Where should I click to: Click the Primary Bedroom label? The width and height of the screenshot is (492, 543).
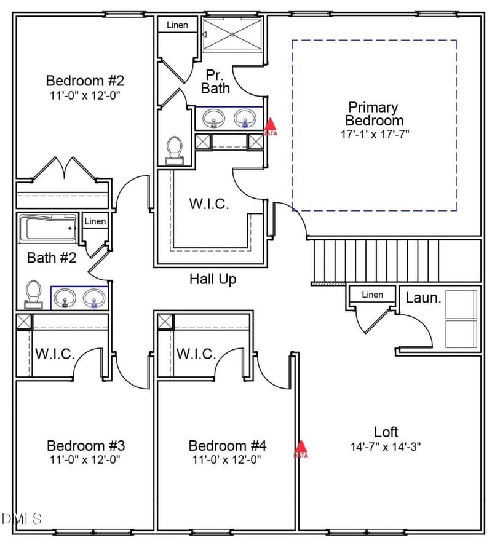tap(374, 114)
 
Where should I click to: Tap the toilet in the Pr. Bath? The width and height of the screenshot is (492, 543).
tap(174, 150)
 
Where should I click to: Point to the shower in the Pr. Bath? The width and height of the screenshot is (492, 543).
tap(232, 34)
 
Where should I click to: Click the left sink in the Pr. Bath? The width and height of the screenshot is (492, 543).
tap(214, 117)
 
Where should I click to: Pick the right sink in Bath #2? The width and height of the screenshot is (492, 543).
tap(93, 298)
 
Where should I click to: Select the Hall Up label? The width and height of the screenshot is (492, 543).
tap(212, 279)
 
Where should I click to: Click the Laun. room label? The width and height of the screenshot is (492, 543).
tap(424, 299)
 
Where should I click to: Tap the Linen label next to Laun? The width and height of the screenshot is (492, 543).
tap(372, 295)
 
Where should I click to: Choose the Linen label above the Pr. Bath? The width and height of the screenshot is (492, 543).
tap(177, 25)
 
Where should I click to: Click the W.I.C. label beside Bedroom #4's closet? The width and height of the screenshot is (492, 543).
tap(196, 354)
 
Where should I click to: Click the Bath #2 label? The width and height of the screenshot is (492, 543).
tap(52, 258)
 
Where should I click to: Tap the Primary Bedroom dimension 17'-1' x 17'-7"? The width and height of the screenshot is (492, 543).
tap(374, 132)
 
